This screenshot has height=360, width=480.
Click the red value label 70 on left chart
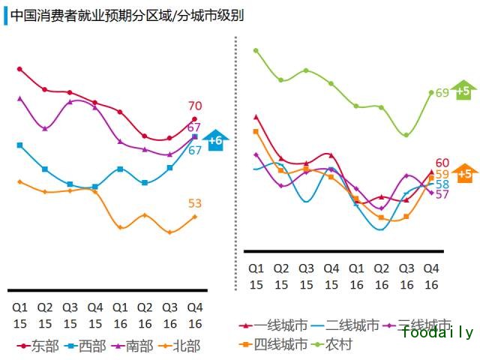tap(195, 106)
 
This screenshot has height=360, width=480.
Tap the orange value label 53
tap(195, 203)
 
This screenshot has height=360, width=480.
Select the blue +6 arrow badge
tap(215, 139)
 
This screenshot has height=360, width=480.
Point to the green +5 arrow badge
tap(463, 91)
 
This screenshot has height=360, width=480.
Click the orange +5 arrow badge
tap(464, 173)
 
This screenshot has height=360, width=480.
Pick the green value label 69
tap(442, 93)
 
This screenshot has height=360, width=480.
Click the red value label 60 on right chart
tap(442, 163)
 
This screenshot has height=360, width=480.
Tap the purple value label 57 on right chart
tap(442, 194)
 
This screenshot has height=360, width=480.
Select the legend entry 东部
tap(39, 346)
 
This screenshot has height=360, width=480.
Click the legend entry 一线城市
tap(281, 325)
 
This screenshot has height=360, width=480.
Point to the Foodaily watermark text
tap(437, 332)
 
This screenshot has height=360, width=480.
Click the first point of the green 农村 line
tap(256, 51)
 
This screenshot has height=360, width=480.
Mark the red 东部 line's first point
tap(19, 69)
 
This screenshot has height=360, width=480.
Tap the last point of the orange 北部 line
tap(195, 217)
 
